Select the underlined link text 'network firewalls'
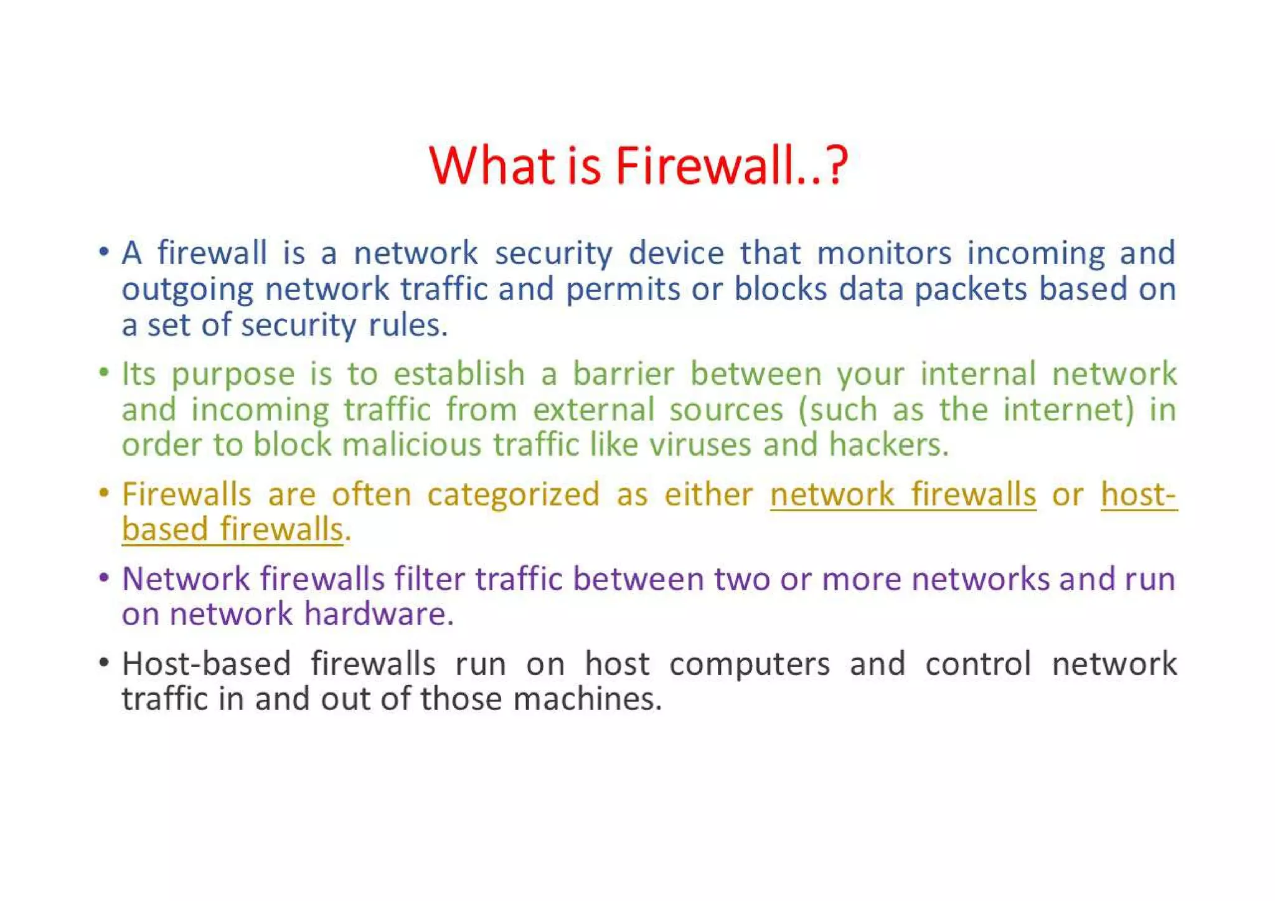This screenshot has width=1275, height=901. pos(902,494)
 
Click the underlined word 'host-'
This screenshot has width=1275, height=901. pos(1138,494)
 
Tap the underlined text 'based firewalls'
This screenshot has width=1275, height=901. pos(232,529)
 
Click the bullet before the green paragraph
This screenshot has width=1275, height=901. pos(104,373)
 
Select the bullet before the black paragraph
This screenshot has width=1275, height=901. pos(104,663)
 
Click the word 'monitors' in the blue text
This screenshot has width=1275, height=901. pos(883,253)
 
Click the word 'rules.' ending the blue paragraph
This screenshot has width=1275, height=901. pos(408,325)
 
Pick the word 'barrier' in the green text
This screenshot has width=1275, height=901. pos(623,374)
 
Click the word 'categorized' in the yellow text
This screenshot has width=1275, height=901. pos(513,494)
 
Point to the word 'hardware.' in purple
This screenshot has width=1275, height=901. pos(379,614)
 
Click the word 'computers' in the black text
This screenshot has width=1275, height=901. pos(749,664)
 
